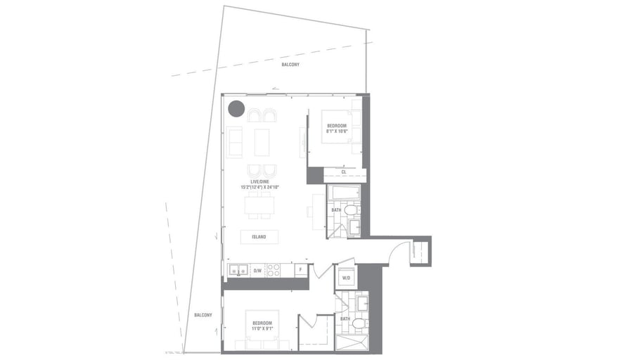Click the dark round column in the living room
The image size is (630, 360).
point(236,108)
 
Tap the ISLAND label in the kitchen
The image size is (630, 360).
point(259,237)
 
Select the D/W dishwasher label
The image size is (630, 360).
point(257,270)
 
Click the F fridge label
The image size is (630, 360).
point(300,270)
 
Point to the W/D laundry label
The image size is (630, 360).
point(346,277)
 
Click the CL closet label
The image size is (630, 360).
point(344,172)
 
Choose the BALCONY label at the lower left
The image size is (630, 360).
point(203,315)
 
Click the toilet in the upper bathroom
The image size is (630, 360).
point(352,210)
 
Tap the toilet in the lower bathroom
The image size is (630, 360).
point(359,323)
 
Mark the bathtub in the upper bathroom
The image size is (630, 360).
point(345,193)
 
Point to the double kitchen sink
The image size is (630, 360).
point(238,270)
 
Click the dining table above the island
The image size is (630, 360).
point(259,206)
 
